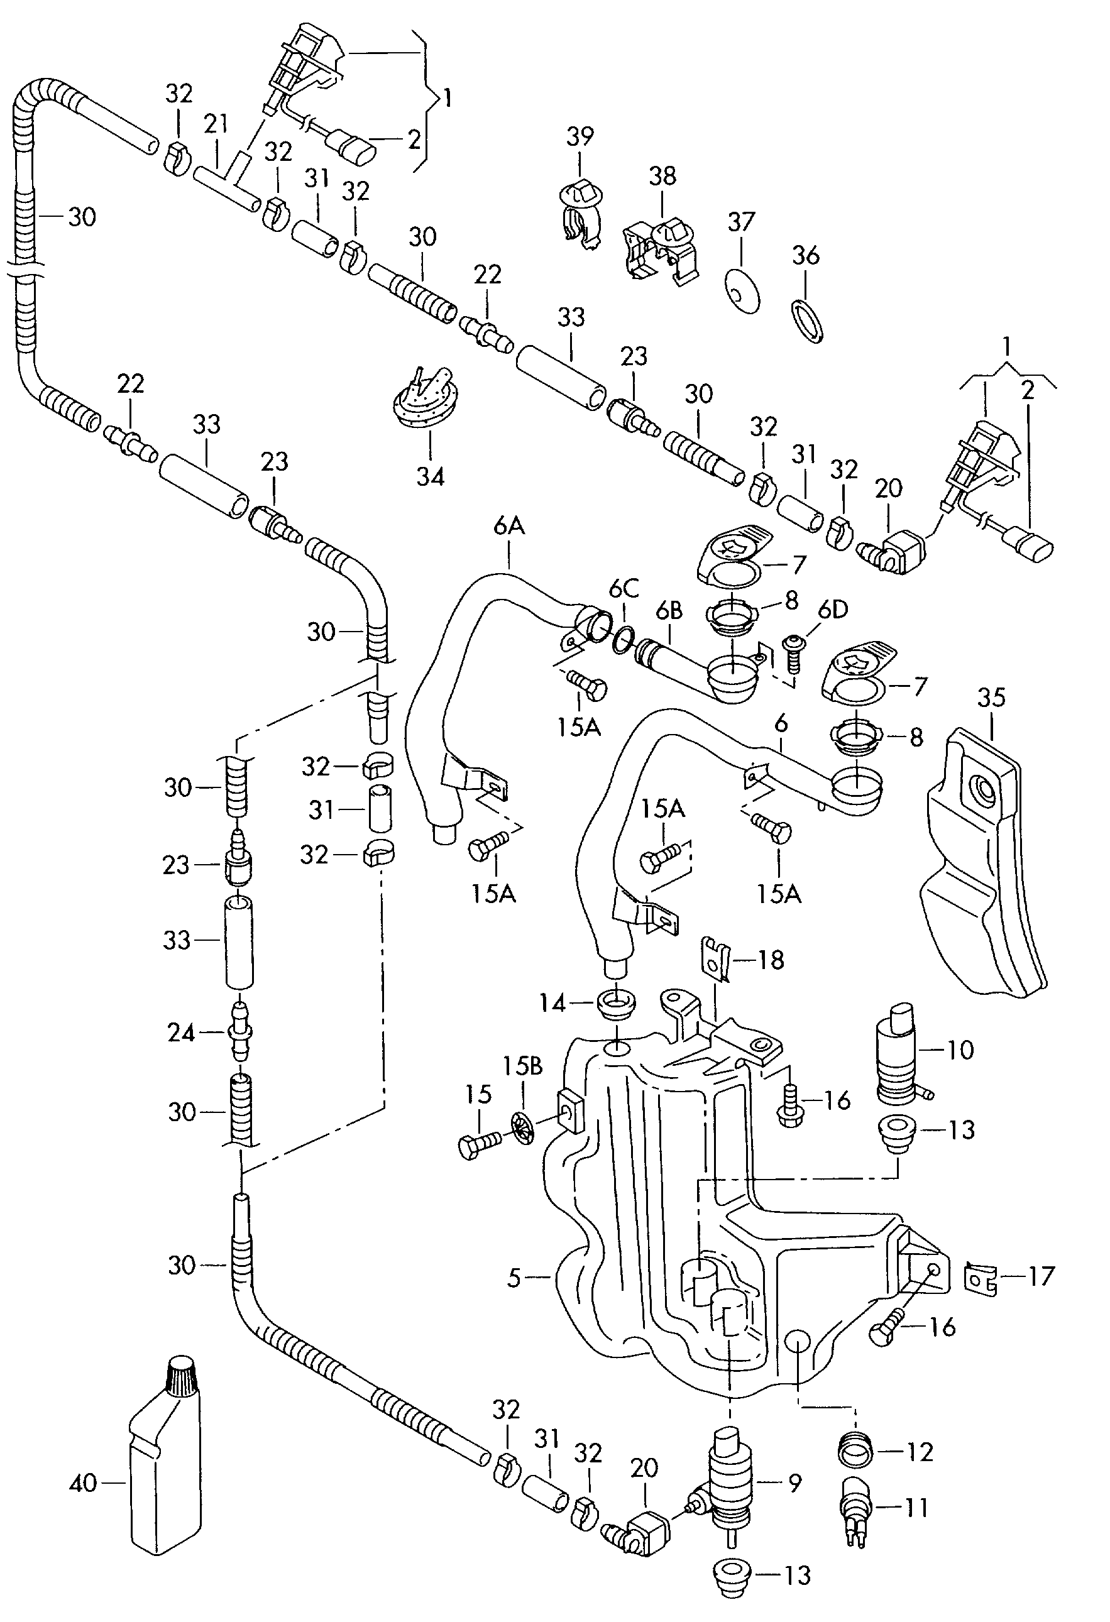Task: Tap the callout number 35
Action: pyautogui.click(x=991, y=696)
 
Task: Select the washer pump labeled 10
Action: pyautogui.click(x=900, y=1055)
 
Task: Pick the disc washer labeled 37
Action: pyautogui.click(x=742, y=288)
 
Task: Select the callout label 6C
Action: pyautogui.click(x=624, y=588)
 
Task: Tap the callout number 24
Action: pyautogui.click(x=181, y=1033)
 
